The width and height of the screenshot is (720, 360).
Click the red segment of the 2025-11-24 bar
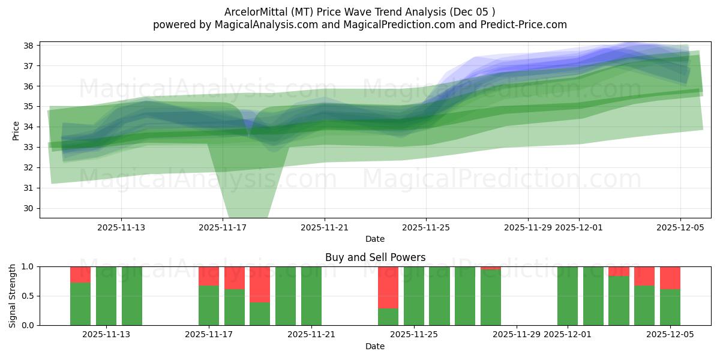[388, 287]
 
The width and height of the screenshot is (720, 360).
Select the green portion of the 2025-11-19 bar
[260, 314]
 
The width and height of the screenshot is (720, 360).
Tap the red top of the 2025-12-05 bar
[670, 277]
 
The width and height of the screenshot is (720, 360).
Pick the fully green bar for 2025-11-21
[311, 296]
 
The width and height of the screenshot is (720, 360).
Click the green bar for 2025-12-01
[568, 296]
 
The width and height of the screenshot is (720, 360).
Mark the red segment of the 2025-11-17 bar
[209, 276]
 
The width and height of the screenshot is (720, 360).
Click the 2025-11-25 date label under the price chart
[426, 227]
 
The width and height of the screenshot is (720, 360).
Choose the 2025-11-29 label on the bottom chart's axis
[517, 335]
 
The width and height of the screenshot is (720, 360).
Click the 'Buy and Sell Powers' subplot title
[375, 257]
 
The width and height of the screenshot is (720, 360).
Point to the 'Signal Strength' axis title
[13, 296]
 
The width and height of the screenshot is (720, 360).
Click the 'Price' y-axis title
[16, 130]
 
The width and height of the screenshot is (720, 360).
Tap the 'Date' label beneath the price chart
[375, 239]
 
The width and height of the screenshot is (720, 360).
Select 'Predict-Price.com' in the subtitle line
[527, 25]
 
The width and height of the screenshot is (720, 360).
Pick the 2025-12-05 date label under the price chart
[680, 227]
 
